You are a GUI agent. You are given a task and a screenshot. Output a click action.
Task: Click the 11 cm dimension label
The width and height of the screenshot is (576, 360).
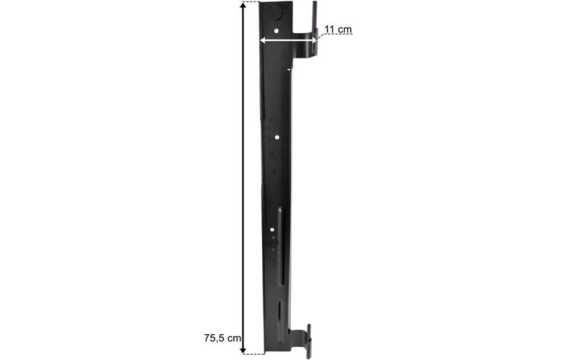point(338,29)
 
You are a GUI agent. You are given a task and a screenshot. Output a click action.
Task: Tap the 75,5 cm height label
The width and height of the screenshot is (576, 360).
point(222,338)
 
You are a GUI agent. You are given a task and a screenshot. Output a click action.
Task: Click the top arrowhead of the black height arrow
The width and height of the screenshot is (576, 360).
point(243,5)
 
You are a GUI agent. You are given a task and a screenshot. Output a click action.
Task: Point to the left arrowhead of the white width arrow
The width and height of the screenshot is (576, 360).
point(263,40)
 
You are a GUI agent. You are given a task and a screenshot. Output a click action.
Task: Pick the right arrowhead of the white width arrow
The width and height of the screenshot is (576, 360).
point(313,40)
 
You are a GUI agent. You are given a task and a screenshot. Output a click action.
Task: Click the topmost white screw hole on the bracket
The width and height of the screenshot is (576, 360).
point(276,31)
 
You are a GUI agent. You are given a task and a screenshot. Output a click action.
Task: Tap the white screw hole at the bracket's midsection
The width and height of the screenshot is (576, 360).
point(277,138)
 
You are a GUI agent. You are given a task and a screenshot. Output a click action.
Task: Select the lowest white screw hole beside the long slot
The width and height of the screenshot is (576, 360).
point(272,230)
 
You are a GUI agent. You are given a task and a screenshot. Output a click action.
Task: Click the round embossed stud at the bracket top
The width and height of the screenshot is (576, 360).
point(276,14)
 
